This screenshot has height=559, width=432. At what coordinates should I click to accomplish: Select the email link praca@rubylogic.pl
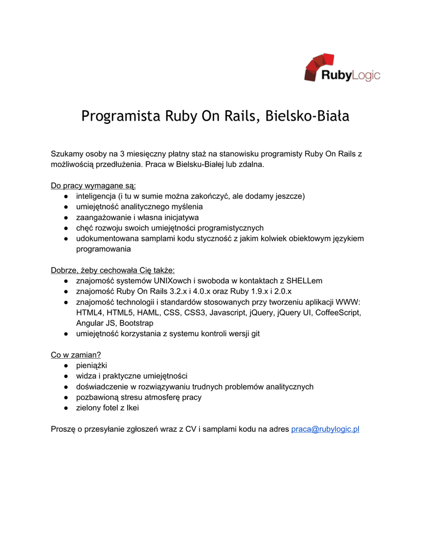coord(325,429)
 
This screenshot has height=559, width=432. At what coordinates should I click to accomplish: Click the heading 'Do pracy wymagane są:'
coord(93,185)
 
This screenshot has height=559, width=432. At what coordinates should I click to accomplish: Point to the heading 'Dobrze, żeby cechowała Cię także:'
coord(113,270)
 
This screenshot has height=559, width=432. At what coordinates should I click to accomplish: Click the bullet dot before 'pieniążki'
coord(65,365)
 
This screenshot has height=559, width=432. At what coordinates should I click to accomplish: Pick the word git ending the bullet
coord(255,334)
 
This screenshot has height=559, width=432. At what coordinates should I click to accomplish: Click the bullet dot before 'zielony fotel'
coord(65,408)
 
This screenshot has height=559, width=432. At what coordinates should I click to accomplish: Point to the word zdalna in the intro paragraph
coord(251,164)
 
